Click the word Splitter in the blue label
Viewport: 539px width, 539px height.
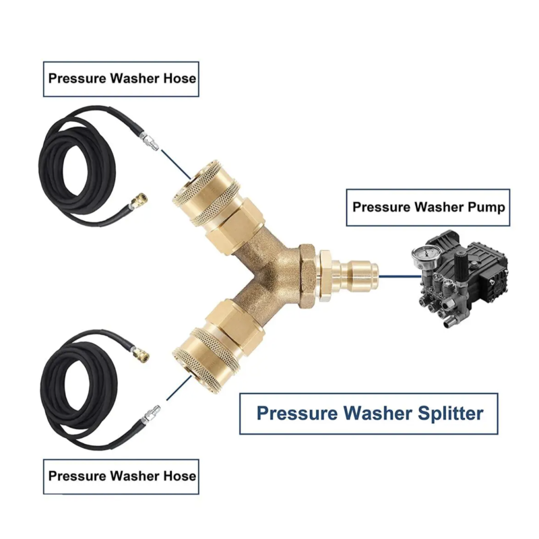[x=450, y=414]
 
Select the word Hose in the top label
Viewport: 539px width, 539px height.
[x=179, y=78]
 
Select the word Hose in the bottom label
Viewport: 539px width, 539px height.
[x=179, y=476]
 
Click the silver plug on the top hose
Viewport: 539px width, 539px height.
[x=150, y=141]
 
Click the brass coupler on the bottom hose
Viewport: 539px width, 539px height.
[x=139, y=352]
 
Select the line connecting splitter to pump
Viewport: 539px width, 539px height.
[x=400, y=276]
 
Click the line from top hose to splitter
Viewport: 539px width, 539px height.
[x=175, y=164]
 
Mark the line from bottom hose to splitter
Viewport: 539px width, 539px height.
[x=179, y=387]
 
